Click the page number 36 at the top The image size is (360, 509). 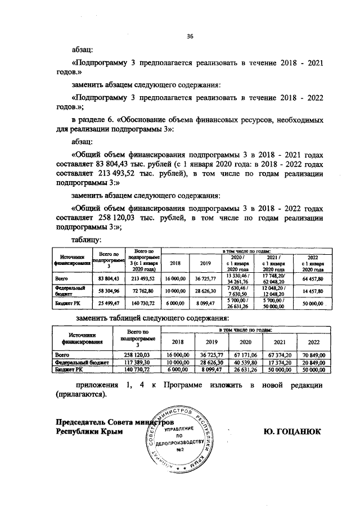[x=190, y=37]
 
